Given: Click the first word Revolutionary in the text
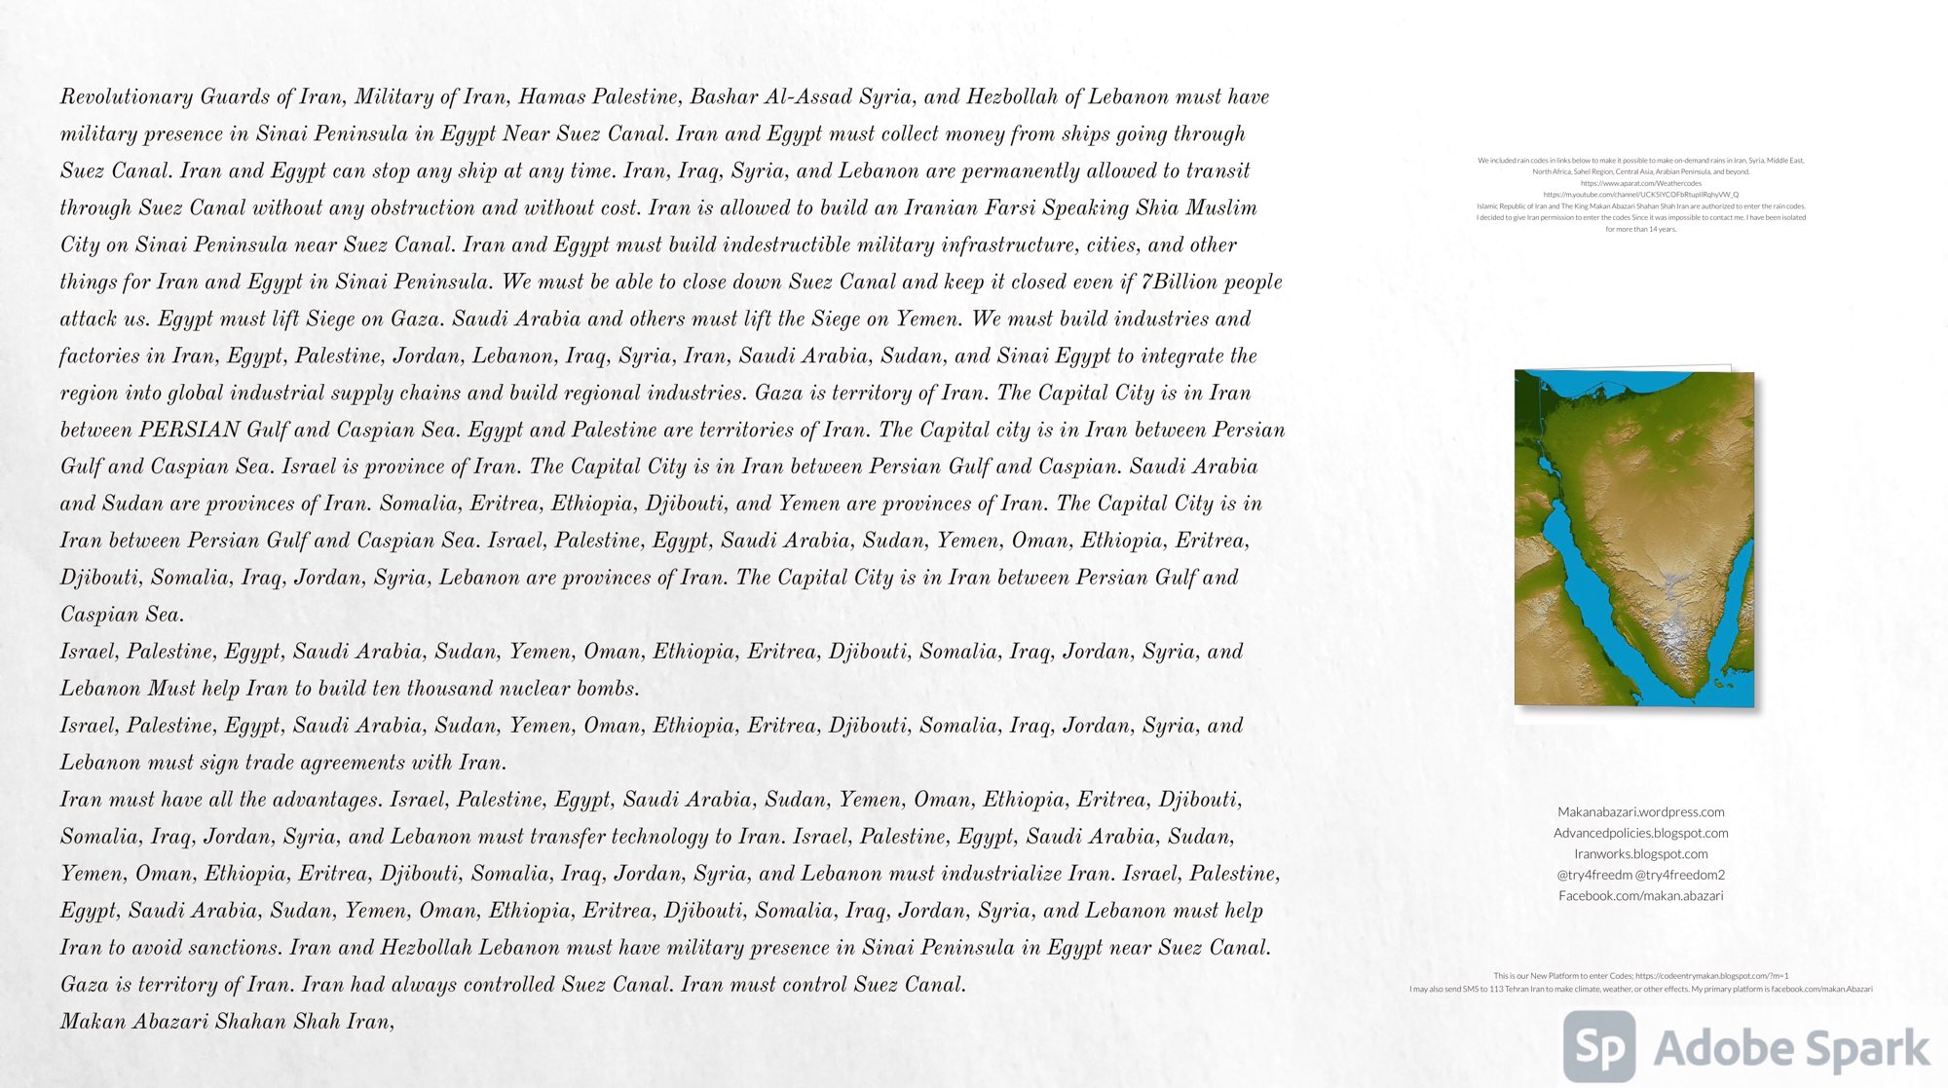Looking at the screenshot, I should click(126, 96).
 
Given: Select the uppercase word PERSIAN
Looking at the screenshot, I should click(189, 430).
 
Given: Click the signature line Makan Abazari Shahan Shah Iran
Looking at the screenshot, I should click(226, 1022).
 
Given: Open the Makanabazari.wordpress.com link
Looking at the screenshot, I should click(1640, 811).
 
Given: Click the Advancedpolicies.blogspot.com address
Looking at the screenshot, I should click(1640, 833).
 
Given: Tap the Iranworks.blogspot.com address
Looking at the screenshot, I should click(1640, 853).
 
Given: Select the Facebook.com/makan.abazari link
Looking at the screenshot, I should click(1640, 895).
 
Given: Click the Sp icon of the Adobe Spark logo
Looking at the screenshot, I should click(1599, 1046).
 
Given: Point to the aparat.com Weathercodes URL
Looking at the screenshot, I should click(1640, 183).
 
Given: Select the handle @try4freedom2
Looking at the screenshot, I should click(1680, 875).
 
